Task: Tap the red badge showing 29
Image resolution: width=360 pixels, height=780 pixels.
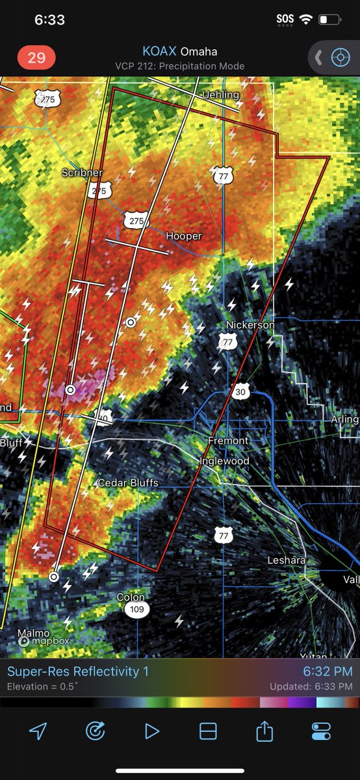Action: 36,57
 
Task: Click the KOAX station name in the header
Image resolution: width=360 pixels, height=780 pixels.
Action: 159,51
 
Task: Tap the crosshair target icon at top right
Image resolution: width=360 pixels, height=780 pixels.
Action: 340,57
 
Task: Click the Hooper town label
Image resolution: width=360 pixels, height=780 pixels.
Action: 184,236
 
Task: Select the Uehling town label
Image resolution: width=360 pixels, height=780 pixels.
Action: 220,95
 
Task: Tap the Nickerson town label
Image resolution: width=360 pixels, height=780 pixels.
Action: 250,324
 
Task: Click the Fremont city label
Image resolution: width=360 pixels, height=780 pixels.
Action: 228,441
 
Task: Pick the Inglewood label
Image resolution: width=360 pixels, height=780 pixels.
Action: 224,461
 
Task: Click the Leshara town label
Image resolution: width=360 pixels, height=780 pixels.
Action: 287,560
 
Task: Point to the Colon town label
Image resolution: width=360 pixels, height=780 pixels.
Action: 131,597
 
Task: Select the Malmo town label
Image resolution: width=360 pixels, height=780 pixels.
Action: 33,632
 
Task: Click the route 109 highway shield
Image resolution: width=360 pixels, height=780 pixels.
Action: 136,610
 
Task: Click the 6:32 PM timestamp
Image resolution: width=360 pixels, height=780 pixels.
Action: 328,671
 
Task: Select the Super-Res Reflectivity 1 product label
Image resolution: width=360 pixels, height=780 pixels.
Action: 78,671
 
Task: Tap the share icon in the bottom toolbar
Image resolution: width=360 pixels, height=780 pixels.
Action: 264,731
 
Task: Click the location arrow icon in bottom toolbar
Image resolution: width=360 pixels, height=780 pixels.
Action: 38,731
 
